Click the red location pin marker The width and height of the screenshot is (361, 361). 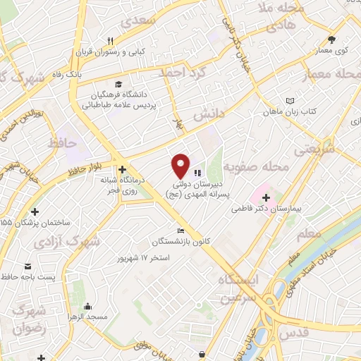181,165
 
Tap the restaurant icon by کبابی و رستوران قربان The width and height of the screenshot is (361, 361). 110,40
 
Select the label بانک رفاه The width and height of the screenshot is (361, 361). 90,73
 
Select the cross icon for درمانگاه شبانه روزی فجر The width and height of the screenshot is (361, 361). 123,169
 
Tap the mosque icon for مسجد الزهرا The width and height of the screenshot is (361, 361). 87,306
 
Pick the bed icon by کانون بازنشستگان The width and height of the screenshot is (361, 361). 181,231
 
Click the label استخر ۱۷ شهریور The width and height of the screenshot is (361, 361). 145,258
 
